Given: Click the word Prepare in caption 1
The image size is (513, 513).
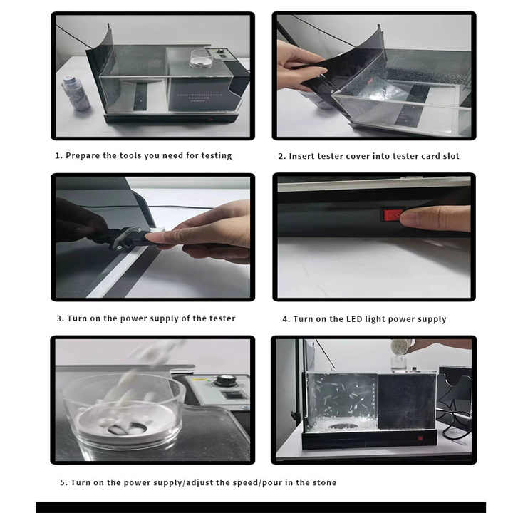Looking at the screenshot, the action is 83,156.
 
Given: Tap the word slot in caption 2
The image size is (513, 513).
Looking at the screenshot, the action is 451,156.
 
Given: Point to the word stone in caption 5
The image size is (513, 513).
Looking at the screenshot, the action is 324,482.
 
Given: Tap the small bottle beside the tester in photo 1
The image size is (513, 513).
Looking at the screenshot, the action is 77,93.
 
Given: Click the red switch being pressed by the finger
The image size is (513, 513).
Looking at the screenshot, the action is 393,216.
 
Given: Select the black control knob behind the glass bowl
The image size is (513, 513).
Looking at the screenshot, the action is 224,380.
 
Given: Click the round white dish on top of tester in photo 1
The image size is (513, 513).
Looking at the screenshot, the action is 201,58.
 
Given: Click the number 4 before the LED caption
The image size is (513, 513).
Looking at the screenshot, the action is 285,319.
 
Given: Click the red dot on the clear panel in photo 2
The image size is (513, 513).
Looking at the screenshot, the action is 370,81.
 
